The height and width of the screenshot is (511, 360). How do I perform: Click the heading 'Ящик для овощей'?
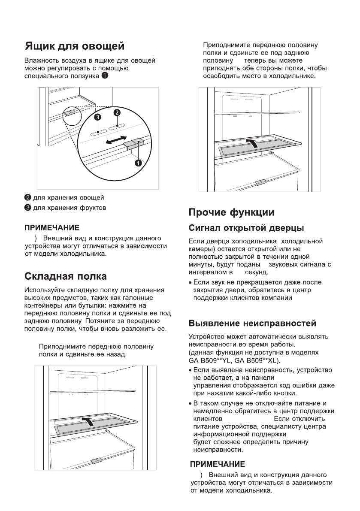pos(74,45)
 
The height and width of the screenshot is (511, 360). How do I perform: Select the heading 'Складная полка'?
pos(66,275)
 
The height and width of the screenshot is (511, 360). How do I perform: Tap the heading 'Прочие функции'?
pos(231,212)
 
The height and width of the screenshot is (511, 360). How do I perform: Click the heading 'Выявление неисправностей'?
pos(253,323)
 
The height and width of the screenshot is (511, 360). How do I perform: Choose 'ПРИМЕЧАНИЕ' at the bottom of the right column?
pos(218,464)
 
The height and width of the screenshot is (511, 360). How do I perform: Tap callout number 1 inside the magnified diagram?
pos(138,163)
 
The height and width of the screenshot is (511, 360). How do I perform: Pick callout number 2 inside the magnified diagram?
pos(116,112)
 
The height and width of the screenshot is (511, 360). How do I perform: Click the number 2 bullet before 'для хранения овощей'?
pos(27,197)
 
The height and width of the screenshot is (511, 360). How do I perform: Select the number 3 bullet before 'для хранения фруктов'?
pos(27,208)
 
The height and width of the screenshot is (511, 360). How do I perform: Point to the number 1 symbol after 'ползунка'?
pos(105,76)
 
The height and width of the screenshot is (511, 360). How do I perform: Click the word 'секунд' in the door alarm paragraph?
pos(256,272)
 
